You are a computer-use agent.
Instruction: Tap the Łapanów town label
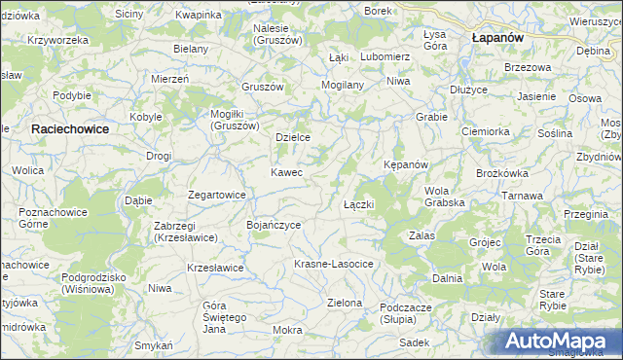(x=497, y=36)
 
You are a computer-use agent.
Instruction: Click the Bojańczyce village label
(x=274, y=225)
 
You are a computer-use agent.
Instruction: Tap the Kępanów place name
(x=406, y=164)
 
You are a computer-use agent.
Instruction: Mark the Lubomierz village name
(x=385, y=56)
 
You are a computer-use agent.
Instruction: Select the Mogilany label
(x=342, y=85)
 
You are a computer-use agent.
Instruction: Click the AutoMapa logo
(x=559, y=342)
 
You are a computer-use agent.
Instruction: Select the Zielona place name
(x=345, y=303)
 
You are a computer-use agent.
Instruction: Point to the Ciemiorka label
(x=486, y=131)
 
